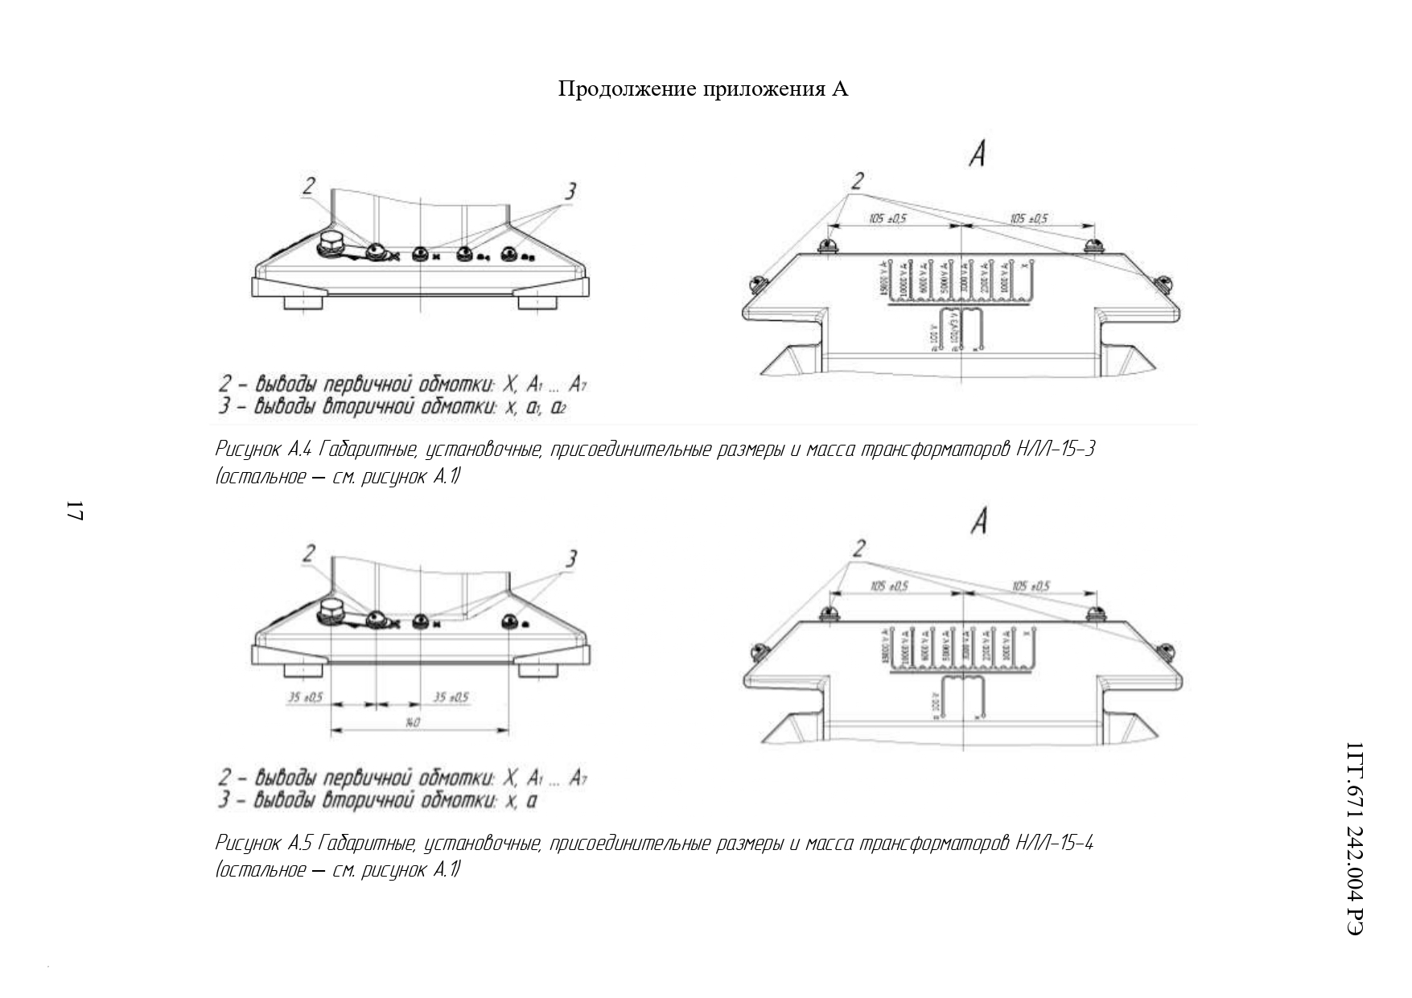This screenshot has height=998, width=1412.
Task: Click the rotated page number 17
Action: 74,511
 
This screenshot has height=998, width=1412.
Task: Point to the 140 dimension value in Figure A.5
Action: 411,722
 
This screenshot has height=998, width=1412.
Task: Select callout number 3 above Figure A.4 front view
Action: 570,191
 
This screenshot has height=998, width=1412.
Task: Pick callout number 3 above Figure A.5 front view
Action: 570,559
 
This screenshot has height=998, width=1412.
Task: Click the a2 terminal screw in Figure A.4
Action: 508,255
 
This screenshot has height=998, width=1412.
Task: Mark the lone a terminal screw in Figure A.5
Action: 508,622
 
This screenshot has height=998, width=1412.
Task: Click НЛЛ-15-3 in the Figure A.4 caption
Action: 1055,449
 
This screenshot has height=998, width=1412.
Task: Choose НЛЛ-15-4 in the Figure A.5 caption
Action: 1054,843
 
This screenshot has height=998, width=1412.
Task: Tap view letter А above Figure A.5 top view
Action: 978,523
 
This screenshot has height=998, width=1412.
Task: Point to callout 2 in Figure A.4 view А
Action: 858,179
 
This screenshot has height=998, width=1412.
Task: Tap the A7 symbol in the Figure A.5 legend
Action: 577,778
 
